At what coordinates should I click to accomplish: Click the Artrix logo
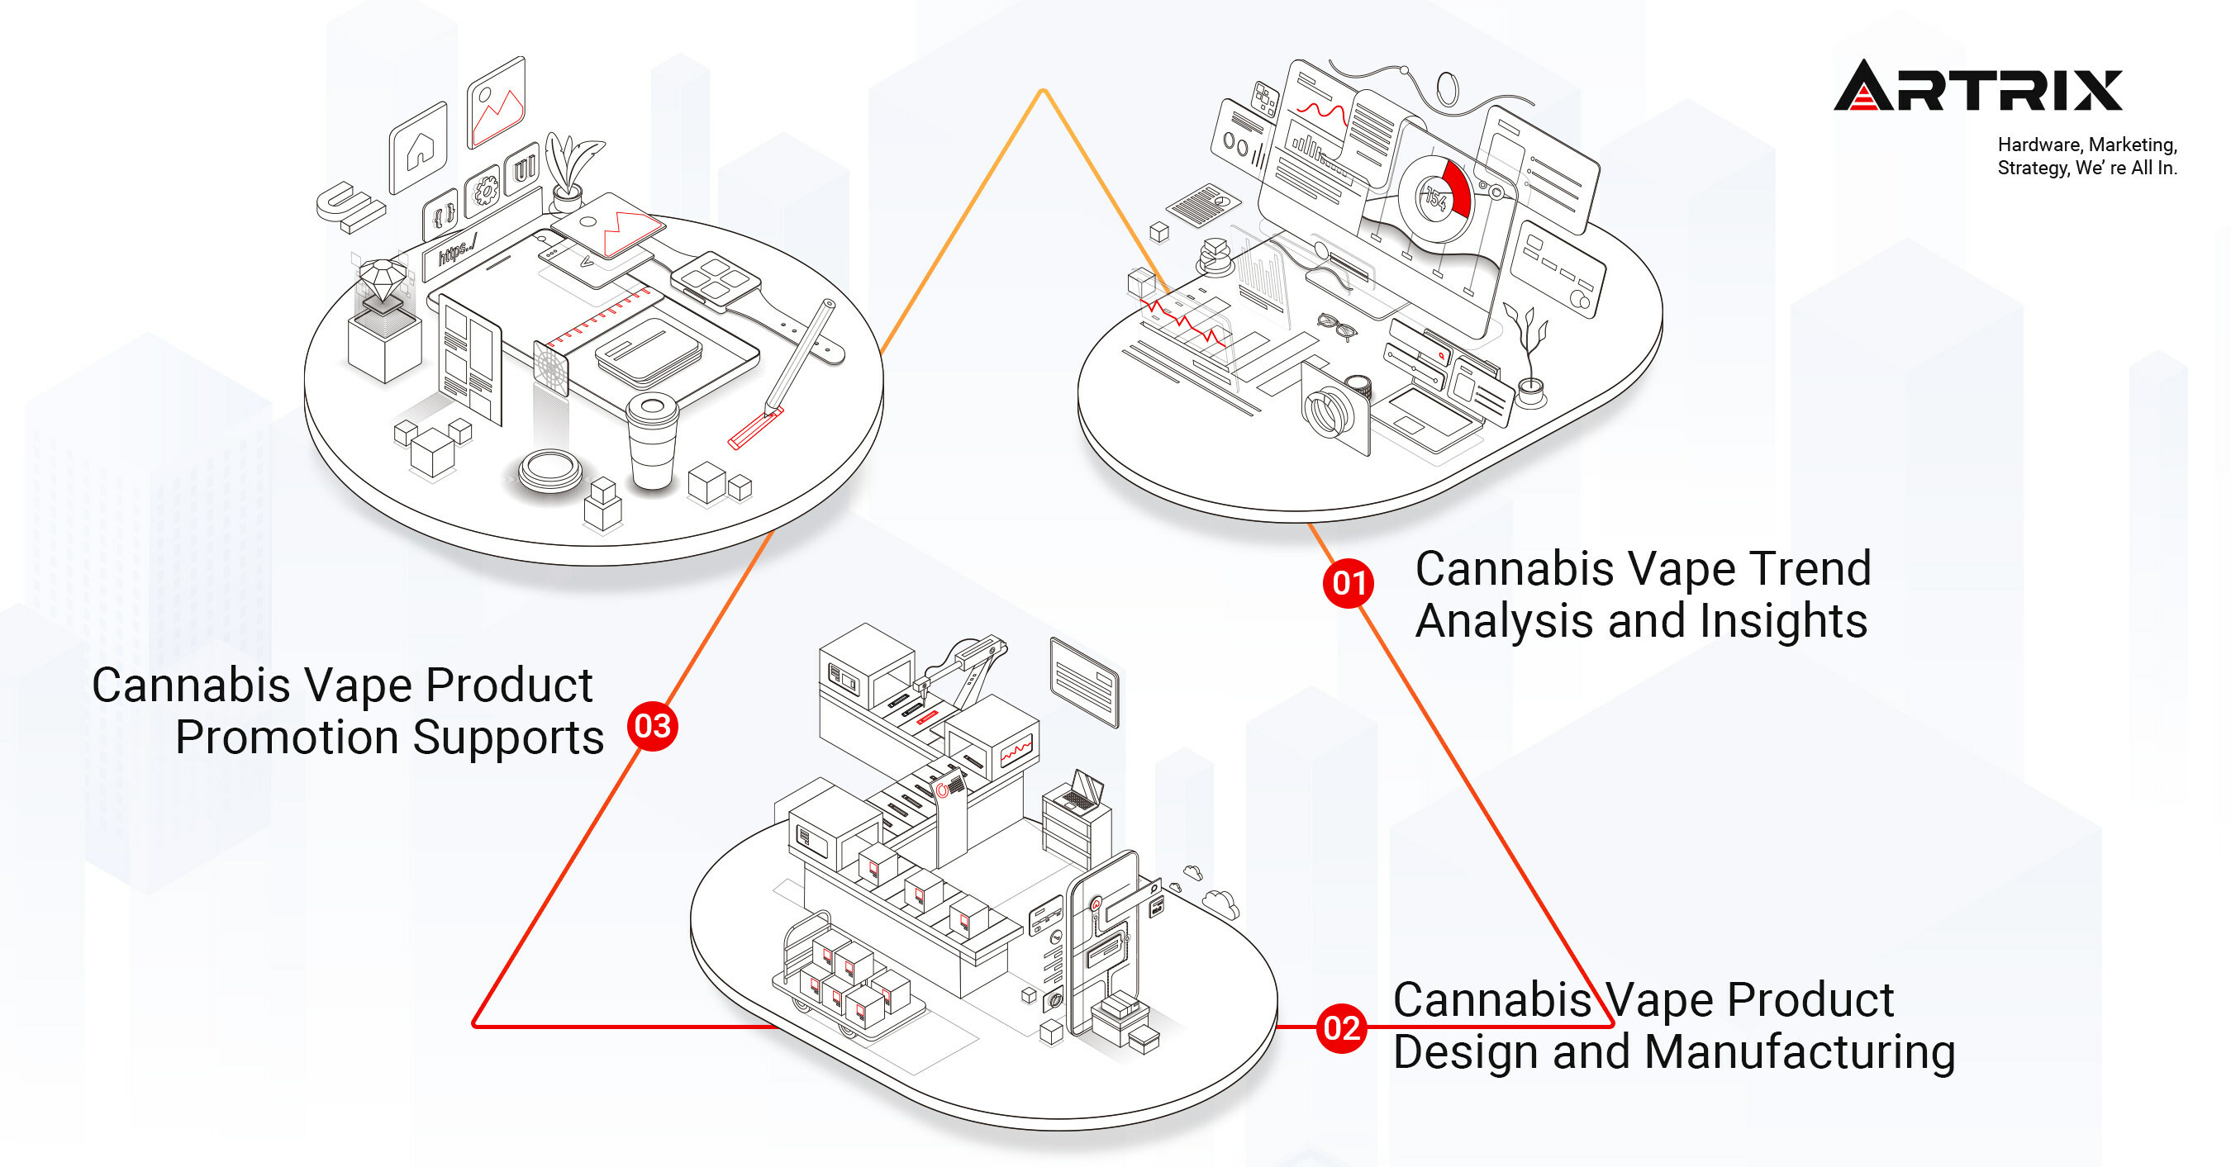1977,87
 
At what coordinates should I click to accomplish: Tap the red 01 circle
1349,582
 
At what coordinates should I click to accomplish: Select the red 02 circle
1341,1027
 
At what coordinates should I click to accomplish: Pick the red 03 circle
652,725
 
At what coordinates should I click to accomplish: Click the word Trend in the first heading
1810,569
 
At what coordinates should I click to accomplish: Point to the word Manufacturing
1799,1052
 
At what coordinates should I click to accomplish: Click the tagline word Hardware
2036,145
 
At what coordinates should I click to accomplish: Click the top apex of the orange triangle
1044,92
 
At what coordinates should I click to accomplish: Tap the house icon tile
419,149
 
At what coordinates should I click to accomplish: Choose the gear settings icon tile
484,190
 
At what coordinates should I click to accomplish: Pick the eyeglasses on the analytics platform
1336,325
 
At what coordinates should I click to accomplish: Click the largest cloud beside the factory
1221,903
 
